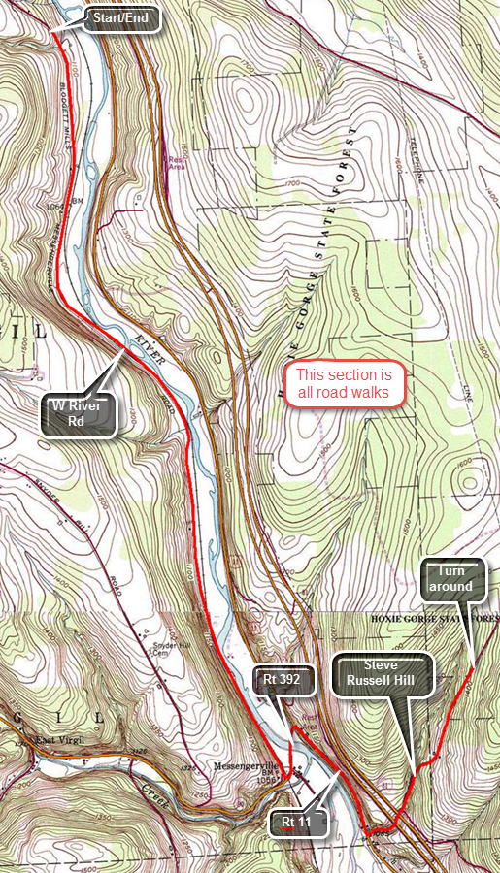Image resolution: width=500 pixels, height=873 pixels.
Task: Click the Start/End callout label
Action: tap(121, 19)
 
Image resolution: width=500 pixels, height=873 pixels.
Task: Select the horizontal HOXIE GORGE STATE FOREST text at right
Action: tap(432, 618)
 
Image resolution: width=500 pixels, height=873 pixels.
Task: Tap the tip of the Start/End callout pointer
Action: tap(50, 32)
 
